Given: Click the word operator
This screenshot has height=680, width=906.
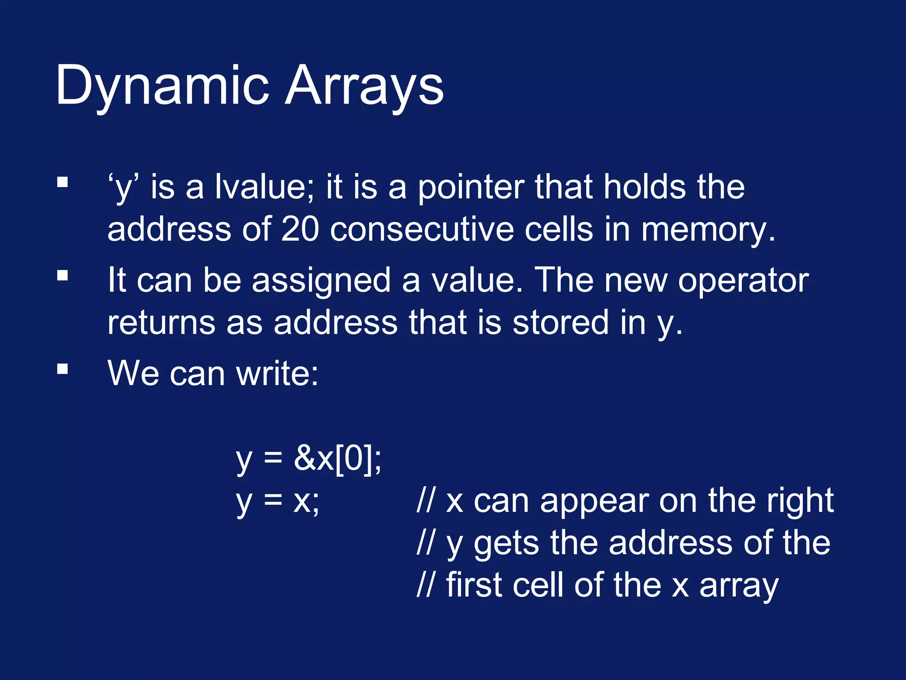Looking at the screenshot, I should pyautogui.click(x=743, y=281).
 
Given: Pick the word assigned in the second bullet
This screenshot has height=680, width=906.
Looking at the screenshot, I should pyautogui.click(x=321, y=282).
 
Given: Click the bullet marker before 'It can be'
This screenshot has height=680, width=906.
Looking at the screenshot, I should pyautogui.click(x=62, y=276).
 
